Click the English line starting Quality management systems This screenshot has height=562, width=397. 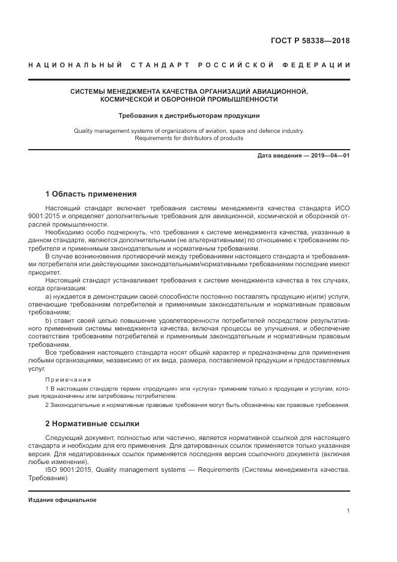click(189, 130)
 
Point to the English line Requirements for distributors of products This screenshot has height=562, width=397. click(189, 138)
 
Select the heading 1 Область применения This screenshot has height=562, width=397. click(91, 194)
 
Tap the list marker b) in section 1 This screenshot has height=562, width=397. click(49, 322)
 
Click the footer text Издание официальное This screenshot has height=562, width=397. click(62, 499)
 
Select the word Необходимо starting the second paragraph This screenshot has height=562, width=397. click(63, 231)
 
